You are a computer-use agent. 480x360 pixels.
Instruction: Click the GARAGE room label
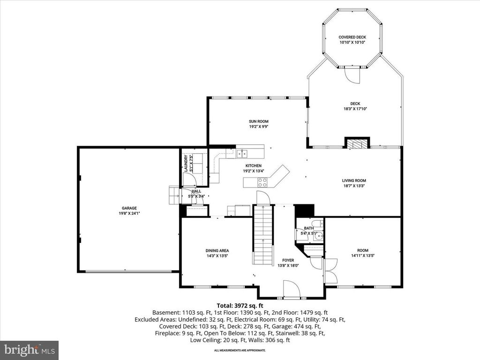pos(129,208)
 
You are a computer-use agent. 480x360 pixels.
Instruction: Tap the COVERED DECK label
pos(352,37)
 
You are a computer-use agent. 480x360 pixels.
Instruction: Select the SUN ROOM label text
pos(258,121)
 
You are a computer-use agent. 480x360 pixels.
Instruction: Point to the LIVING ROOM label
pos(354,180)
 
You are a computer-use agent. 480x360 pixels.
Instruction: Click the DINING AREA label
pos(217,251)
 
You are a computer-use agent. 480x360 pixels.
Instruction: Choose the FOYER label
pos(288,260)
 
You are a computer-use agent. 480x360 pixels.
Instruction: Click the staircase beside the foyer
pos(263,234)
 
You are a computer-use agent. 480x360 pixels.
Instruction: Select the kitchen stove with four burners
pos(262,182)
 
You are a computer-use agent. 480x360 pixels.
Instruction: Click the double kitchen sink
pos(242,152)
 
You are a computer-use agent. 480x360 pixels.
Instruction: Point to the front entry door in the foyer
pos(292,289)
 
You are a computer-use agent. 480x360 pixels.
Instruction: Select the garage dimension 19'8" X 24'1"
pos(129,213)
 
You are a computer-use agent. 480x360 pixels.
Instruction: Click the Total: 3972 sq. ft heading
pos(240,305)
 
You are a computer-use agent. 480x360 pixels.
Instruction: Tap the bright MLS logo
pos(29,350)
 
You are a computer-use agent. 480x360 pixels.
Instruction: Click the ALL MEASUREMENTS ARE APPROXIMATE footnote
pos(240,350)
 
